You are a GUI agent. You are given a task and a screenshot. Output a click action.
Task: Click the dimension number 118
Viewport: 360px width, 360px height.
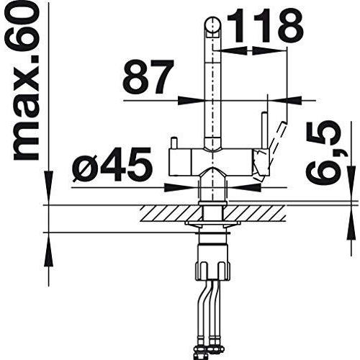265,26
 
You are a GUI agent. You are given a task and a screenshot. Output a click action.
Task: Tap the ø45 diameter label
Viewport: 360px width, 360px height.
112,165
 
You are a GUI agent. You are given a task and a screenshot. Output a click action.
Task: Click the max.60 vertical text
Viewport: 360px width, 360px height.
26,81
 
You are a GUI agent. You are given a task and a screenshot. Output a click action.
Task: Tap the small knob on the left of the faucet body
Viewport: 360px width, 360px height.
174,143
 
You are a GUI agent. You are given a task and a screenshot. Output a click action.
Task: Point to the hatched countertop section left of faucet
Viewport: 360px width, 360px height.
171,213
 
